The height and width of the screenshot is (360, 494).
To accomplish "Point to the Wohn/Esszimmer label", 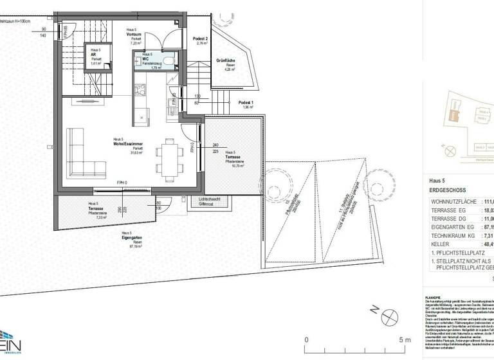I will point(127,144).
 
